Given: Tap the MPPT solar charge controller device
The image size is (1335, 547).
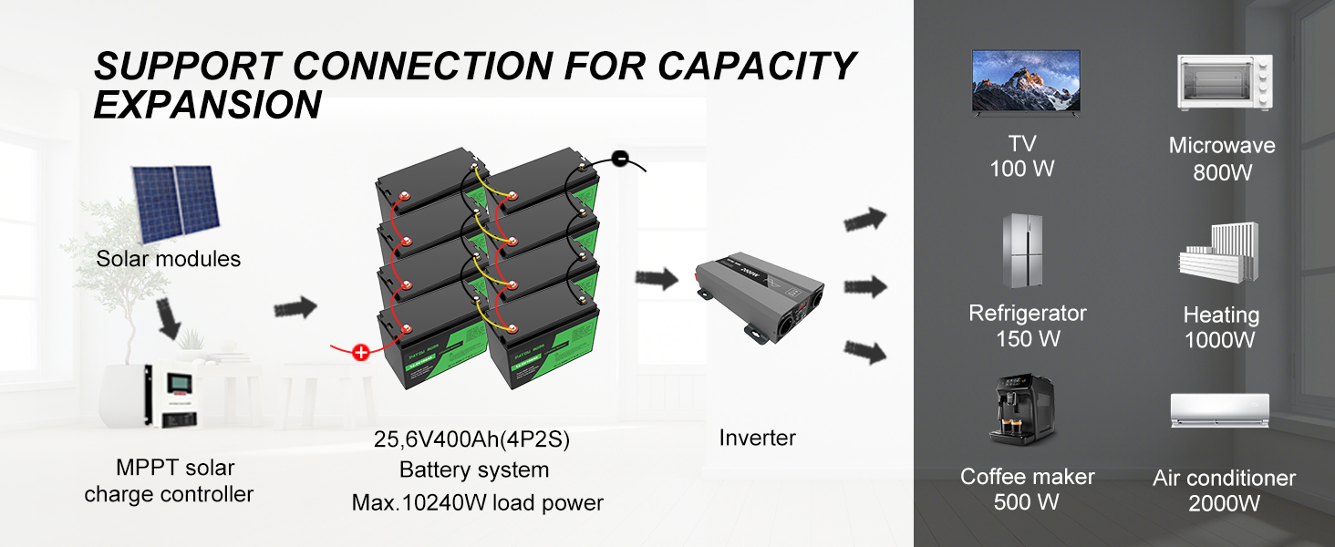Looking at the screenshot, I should [173, 396].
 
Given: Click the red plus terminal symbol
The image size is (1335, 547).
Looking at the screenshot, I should [361, 352].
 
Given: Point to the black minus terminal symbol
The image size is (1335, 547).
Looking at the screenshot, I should [619, 160].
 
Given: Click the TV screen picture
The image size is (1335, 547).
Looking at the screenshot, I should [1026, 80].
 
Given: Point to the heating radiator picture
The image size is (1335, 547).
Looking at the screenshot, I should [1219, 252].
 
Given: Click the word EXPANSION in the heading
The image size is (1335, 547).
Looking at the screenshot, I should [208, 106].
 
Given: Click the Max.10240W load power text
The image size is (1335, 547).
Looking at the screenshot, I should [477, 502].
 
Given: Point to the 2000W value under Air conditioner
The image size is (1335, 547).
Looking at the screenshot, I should [1224, 503].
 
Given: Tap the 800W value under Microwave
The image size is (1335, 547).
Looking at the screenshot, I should [1223, 171].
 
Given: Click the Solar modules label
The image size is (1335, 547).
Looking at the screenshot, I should [169, 259].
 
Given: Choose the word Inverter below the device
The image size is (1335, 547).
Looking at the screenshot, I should [758, 438].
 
